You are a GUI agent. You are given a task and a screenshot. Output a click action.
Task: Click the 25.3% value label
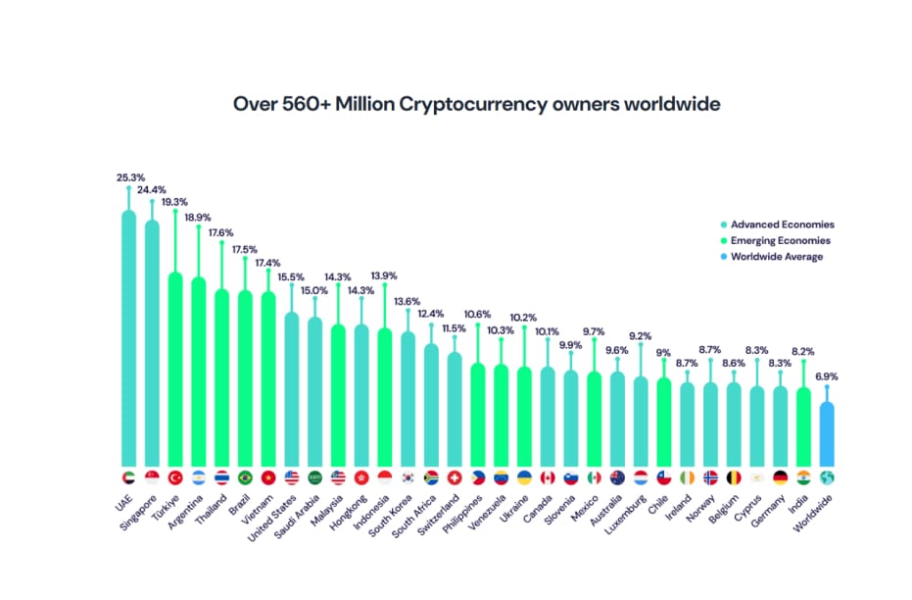[129, 178]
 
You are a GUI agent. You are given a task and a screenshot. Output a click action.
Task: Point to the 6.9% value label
[826, 376]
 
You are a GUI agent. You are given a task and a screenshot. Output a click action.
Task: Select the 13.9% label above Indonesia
[383, 276]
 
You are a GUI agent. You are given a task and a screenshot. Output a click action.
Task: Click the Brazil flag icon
[245, 477]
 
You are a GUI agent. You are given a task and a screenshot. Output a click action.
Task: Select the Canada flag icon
[548, 477]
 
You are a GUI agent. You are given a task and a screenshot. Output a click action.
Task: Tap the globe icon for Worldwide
[827, 477]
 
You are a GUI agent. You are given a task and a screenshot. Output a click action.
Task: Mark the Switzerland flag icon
[455, 477]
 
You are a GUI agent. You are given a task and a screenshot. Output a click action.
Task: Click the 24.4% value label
[152, 190]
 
